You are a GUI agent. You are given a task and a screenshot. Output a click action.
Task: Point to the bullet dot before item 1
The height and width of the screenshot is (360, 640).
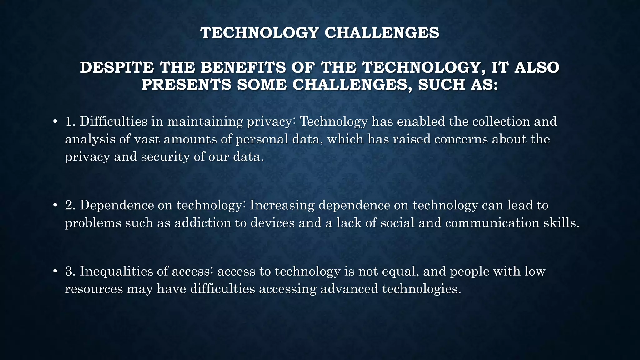[x=55, y=122]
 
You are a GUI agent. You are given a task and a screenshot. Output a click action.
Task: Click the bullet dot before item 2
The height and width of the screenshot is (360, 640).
[x=55, y=205]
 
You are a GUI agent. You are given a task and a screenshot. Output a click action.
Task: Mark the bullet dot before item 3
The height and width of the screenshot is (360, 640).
[x=55, y=271]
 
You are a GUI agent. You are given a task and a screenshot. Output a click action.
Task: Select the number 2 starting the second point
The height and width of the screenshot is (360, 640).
[x=69, y=205]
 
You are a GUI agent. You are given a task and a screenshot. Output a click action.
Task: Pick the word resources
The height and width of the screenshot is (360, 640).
[x=94, y=289]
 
